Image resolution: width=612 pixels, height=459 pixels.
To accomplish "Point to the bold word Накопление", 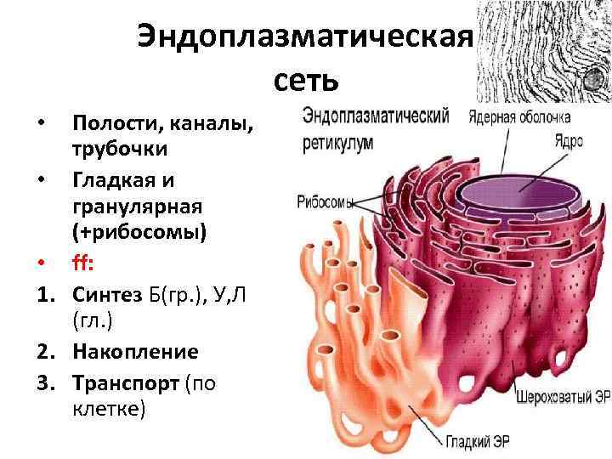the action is pyautogui.click(x=135, y=352).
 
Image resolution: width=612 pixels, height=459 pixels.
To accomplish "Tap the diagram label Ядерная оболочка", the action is pyautogui.click(x=519, y=117).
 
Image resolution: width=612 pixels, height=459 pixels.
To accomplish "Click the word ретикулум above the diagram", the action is pyautogui.click(x=337, y=144).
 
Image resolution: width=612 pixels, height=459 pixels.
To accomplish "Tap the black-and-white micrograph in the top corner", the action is pyautogui.click(x=543, y=51).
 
